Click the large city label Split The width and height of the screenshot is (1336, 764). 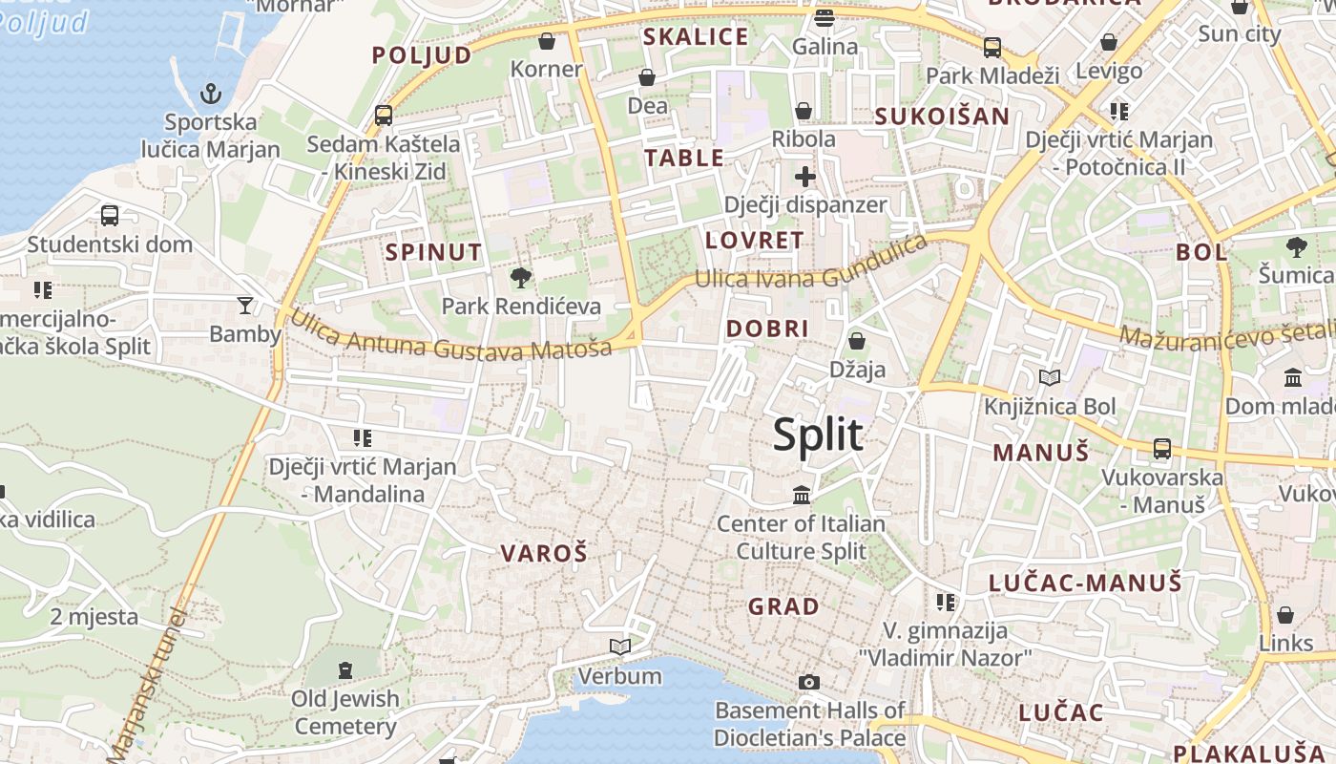point(818,435)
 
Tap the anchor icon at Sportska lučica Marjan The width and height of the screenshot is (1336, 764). point(210,94)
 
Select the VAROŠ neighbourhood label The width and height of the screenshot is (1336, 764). point(544,553)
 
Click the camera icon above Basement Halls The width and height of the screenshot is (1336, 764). point(808,682)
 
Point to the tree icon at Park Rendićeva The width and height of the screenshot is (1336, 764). point(521,278)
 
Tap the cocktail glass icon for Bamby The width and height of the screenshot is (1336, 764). point(245,306)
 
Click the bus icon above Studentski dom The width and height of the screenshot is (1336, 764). point(110,216)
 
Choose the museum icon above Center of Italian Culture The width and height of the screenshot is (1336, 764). point(802,496)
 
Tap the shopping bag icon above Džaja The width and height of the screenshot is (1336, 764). point(857,341)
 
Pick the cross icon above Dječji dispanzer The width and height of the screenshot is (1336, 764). point(805,177)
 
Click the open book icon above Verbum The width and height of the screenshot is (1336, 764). point(620,647)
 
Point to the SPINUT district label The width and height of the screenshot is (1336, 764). point(433,252)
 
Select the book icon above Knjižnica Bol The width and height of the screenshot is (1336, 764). point(1050,378)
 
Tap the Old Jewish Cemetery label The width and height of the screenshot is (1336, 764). point(344,712)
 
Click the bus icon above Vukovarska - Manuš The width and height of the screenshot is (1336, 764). point(1162,448)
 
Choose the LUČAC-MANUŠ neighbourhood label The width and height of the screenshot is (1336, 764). point(1085,583)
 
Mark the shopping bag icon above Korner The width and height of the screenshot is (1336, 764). point(547,41)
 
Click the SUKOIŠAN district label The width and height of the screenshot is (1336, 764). point(942,117)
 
